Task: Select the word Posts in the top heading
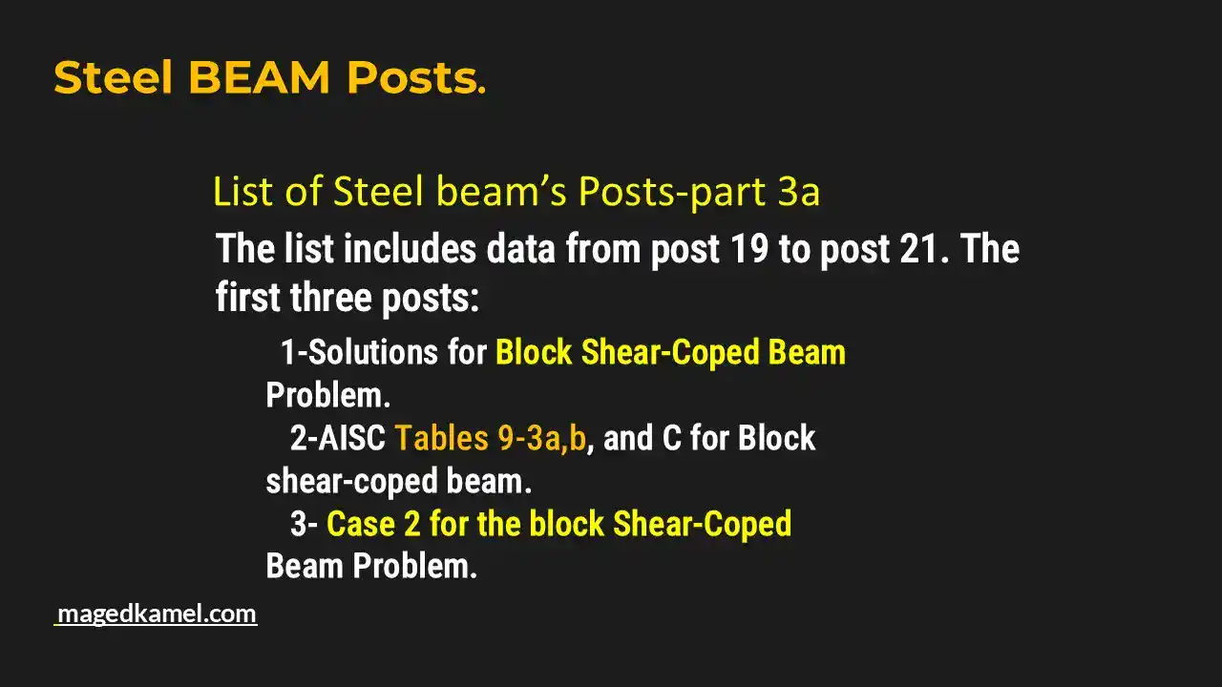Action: pyautogui.click(x=415, y=77)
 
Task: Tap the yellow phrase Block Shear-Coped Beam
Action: pyautogui.click(x=670, y=352)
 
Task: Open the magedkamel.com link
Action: pyautogui.click(x=157, y=614)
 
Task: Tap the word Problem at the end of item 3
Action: pyautogui.click(x=414, y=567)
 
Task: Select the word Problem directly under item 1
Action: pyautogui.click(x=327, y=395)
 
